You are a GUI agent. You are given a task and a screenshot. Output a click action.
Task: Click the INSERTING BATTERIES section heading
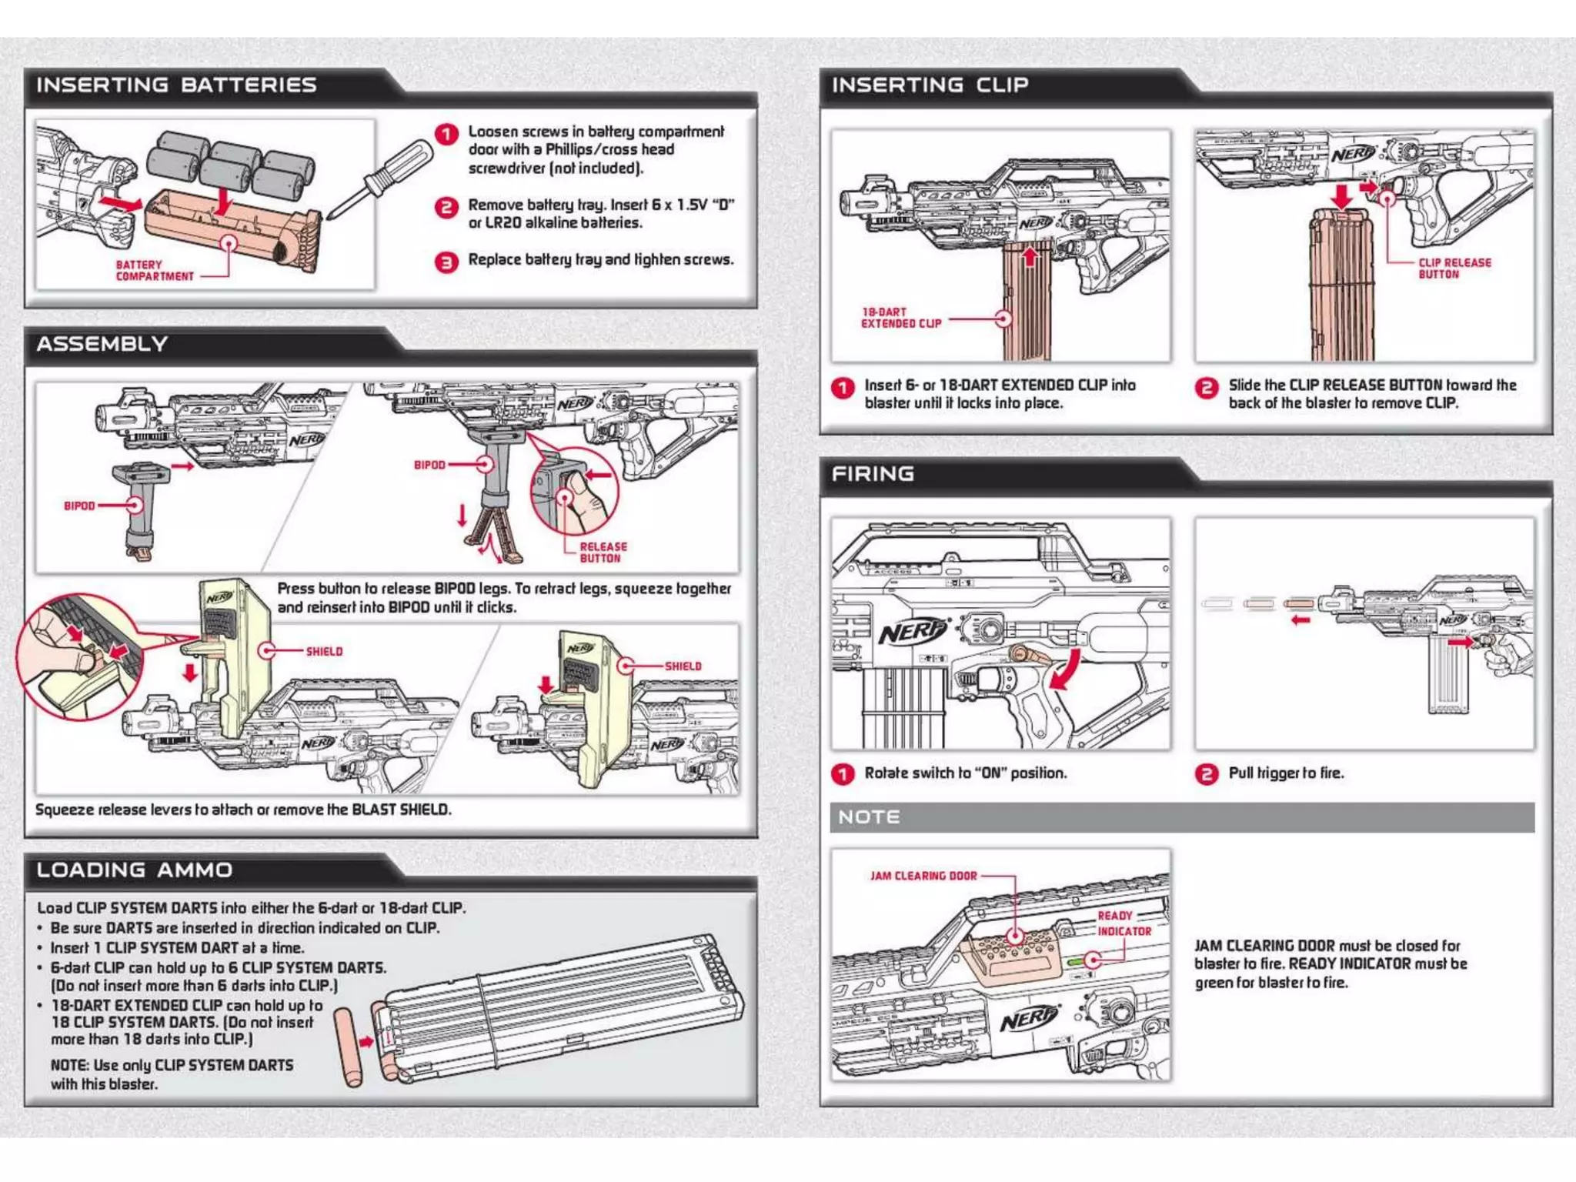[x=176, y=85]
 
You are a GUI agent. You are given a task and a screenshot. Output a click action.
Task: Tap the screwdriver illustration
[x=382, y=179]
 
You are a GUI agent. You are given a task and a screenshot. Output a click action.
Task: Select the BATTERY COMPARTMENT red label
[x=154, y=270]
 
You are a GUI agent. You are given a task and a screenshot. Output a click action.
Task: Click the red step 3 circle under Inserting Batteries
[x=446, y=262]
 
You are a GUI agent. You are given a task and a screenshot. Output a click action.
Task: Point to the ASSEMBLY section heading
[x=102, y=344]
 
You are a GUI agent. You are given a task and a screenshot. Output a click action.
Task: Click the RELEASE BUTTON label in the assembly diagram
[x=603, y=552]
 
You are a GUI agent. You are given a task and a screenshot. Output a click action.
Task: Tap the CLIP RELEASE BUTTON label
[x=1454, y=268]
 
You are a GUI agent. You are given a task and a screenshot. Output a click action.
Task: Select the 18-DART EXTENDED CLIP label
[x=900, y=318]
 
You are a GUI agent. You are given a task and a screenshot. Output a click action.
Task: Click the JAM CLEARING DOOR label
[x=923, y=876]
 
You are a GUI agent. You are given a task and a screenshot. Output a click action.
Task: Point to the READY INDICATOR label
[x=1124, y=923]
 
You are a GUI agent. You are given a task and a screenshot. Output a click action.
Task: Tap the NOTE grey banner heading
[x=869, y=817]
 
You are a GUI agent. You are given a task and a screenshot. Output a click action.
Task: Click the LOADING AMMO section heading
[x=134, y=870]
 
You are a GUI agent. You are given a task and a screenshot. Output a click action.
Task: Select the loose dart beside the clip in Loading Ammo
[x=348, y=1047]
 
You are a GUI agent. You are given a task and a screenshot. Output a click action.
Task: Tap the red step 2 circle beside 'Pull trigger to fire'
[x=1206, y=773]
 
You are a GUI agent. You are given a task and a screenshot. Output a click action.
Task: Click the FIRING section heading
[x=873, y=474]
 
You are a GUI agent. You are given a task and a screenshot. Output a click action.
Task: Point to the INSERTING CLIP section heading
[x=930, y=85]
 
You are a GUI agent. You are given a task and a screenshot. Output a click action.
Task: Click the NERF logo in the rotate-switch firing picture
[x=911, y=632]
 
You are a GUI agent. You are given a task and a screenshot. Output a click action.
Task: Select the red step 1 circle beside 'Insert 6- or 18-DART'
[x=843, y=387]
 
